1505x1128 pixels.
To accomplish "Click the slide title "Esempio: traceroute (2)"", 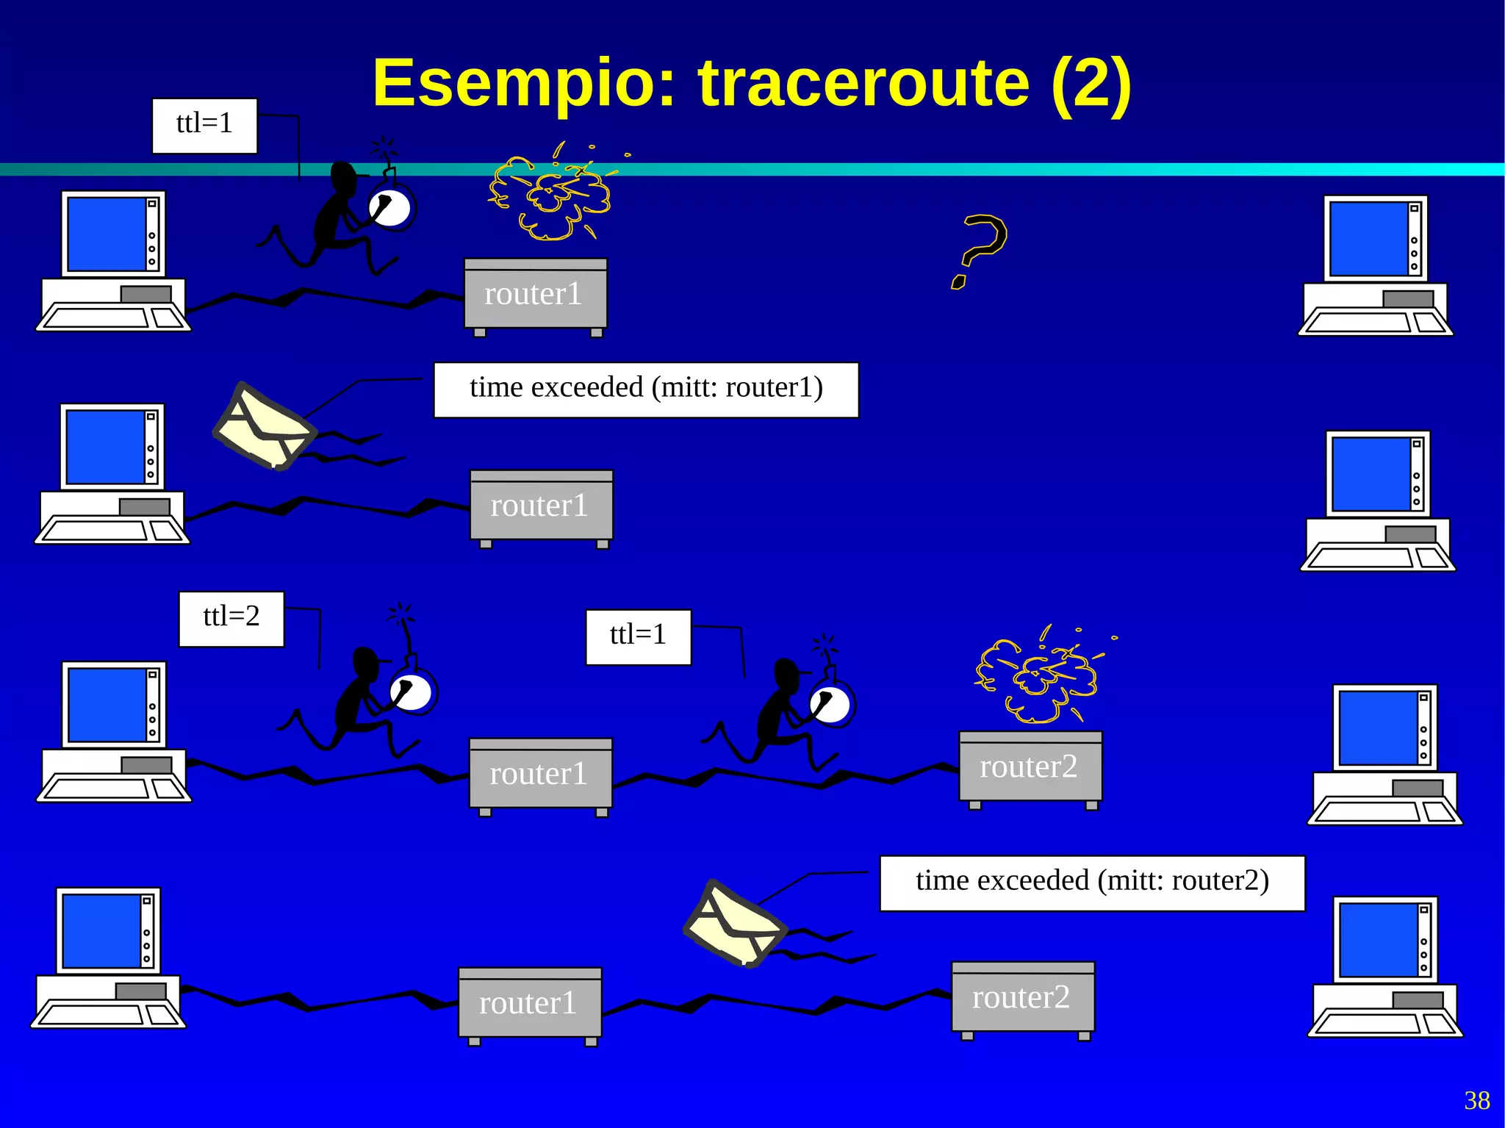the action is coord(751,83).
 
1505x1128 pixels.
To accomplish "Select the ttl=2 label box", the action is coord(231,619).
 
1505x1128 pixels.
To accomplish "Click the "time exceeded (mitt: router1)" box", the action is coord(646,389).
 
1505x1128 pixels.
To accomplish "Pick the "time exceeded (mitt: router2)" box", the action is coord(1092,883).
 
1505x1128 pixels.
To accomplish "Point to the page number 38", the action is coord(1477,1100).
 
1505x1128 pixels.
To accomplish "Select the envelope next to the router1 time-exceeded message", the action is coord(265,427).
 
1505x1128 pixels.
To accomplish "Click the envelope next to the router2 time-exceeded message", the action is coord(735,924).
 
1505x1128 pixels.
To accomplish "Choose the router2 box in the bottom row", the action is coord(1022,998).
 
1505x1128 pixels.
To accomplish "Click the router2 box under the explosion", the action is coord(1030,767).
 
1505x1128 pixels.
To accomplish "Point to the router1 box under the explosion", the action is coord(535,295).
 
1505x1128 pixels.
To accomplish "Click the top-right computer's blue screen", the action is coord(1368,239).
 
